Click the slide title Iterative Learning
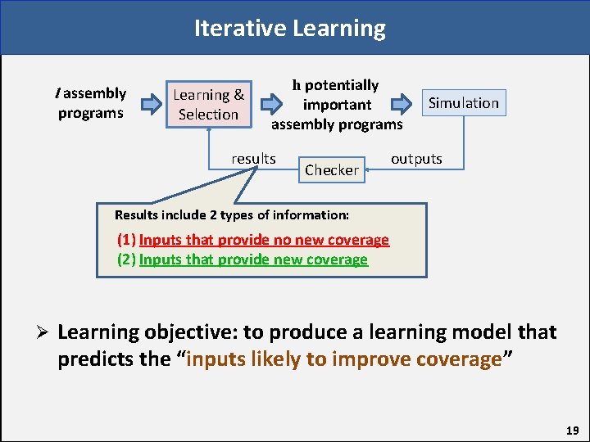(289, 29)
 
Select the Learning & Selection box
(208, 105)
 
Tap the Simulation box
(464, 103)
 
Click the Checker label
(331, 170)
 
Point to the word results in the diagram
(253, 159)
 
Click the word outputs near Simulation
(416, 159)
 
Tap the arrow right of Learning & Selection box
(270, 105)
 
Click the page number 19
(572, 430)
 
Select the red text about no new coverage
(264, 240)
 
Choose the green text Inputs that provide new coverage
(253, 259)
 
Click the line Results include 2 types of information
(232, 215)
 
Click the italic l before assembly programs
(57, 93)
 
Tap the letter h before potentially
(297, 85)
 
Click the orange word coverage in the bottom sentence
(459, 360)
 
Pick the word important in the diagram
(337, 105)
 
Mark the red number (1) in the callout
(127, 240)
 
